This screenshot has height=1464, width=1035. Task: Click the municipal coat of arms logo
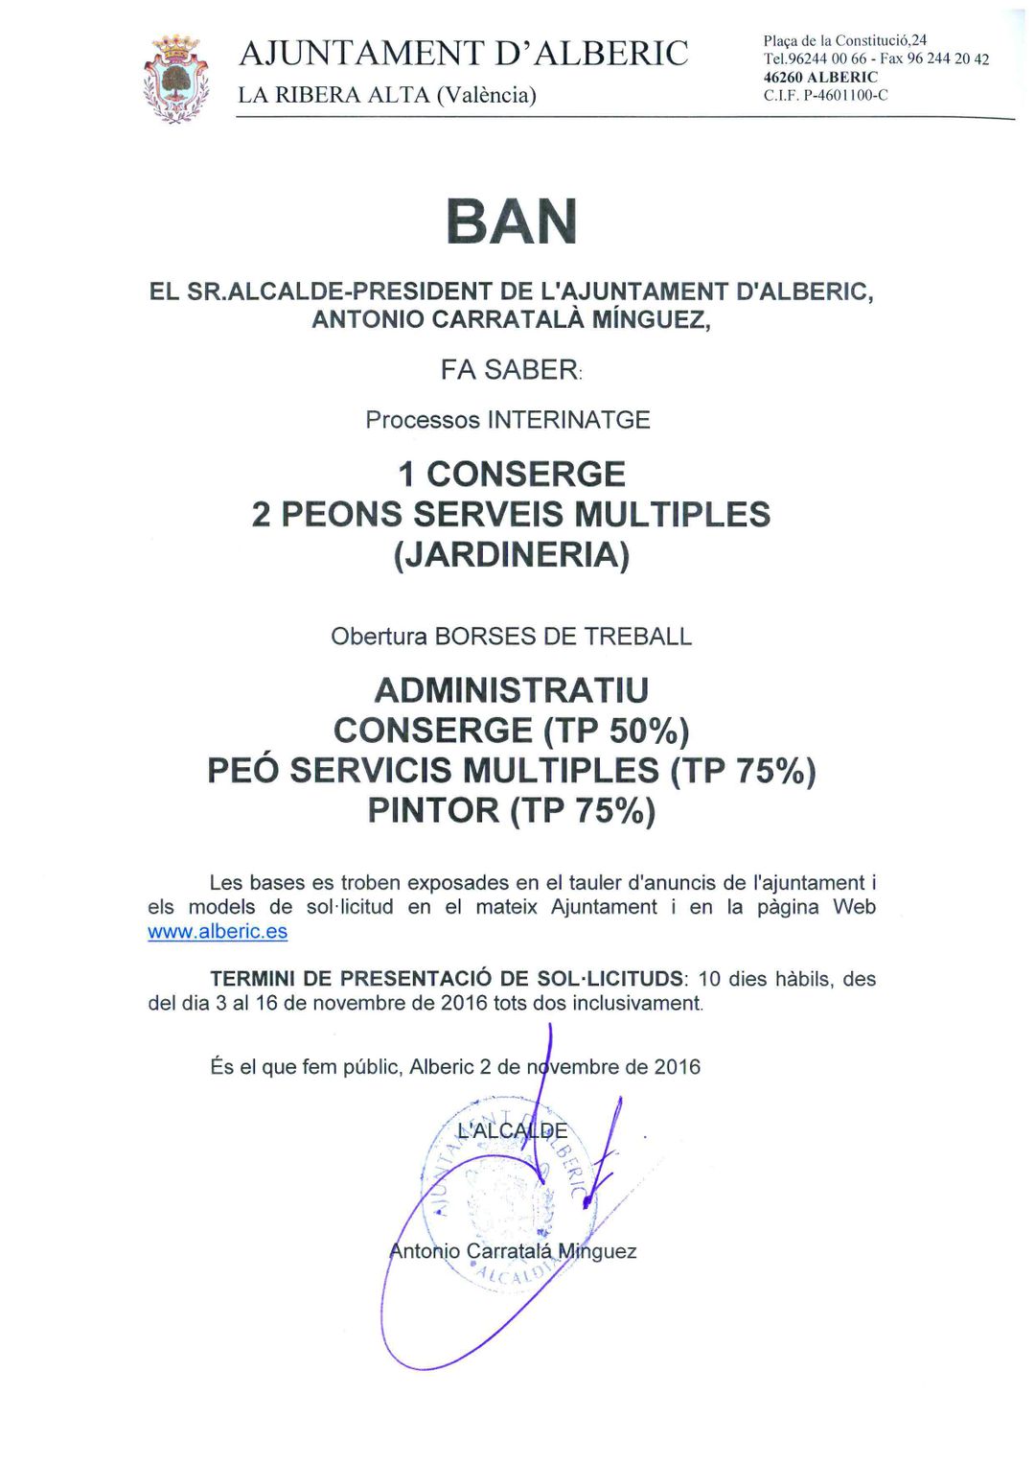coord(175,79)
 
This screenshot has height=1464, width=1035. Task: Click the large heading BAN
coord(512,221)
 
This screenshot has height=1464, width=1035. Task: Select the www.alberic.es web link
coord(218,932)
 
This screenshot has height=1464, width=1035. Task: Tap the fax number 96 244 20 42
coord(948,59)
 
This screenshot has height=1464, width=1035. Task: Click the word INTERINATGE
coord(569,420)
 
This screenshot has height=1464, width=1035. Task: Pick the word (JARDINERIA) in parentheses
coord(512,555)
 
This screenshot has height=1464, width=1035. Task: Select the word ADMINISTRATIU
coord(512,690)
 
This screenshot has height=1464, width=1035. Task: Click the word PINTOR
coord(433,811)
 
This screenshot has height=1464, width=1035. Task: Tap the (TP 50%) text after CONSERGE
coord(616,732)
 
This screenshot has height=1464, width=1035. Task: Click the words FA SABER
coord(509,369)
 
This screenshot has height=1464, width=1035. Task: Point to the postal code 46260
coord(783,78)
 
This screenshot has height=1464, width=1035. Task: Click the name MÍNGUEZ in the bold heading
coord(651,319)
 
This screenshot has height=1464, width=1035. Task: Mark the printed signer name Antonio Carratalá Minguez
coord(513,1251)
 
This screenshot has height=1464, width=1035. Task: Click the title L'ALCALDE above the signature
coord(513,1131)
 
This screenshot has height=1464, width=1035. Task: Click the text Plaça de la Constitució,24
coord(844,40)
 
